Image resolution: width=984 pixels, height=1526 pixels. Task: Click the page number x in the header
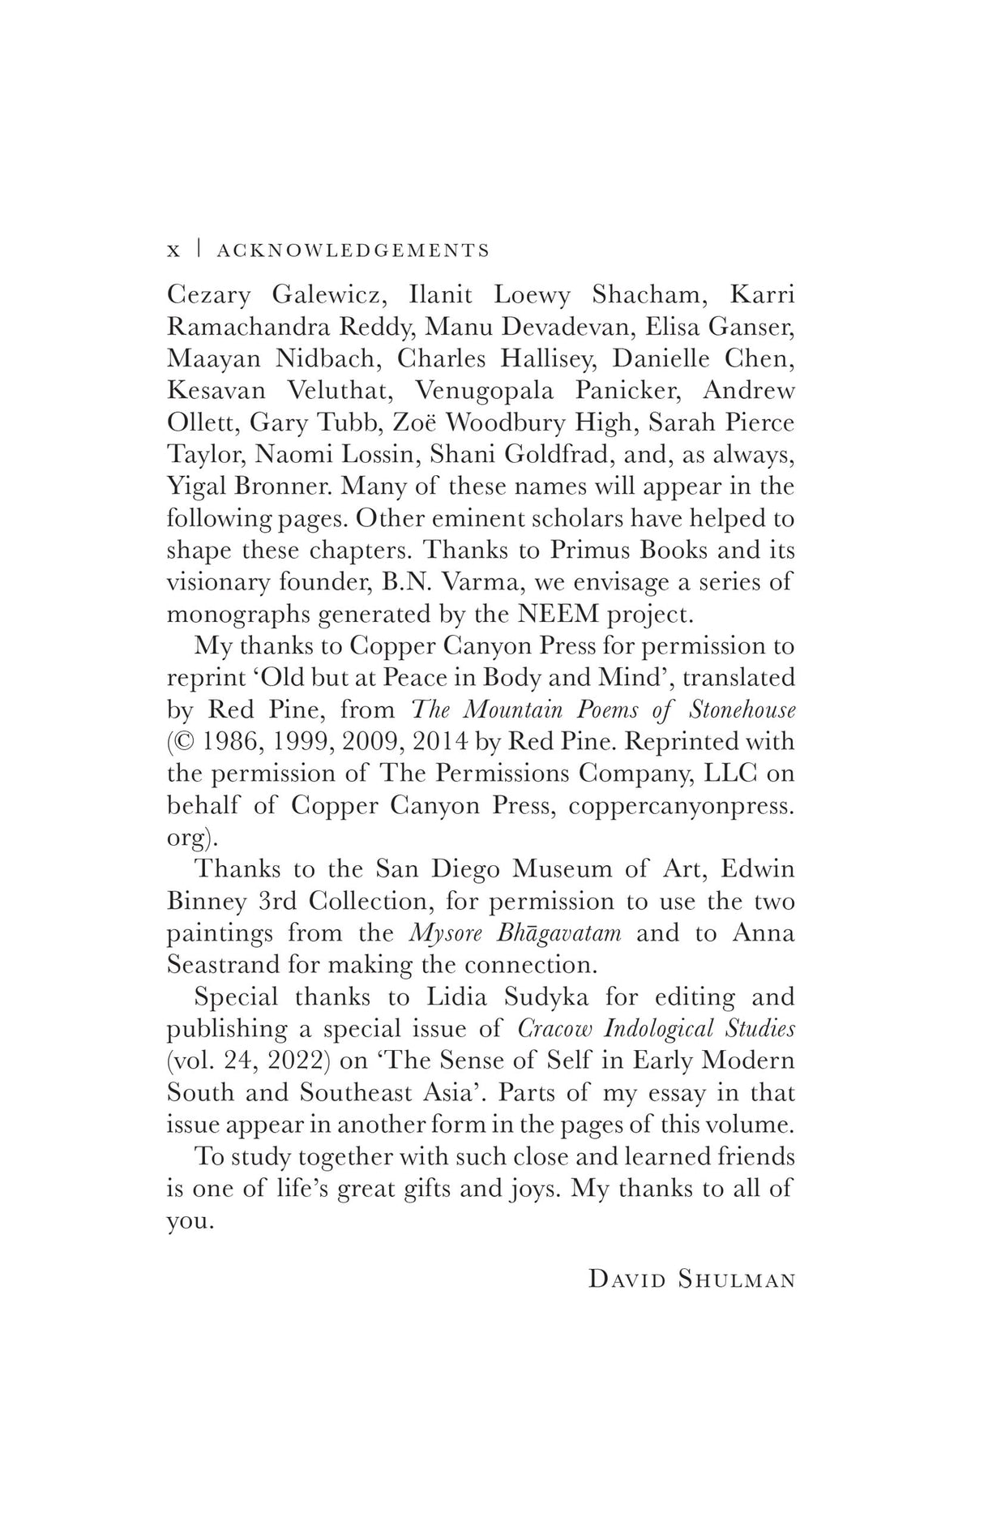coord(173,251)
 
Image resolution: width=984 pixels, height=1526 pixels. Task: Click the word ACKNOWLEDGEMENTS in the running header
coord(353,251)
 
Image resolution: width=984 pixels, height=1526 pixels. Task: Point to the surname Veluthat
coord(340,390)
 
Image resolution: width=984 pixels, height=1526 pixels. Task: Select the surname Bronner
coord(276,487)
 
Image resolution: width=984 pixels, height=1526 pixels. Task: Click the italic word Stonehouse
coord(742,709)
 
